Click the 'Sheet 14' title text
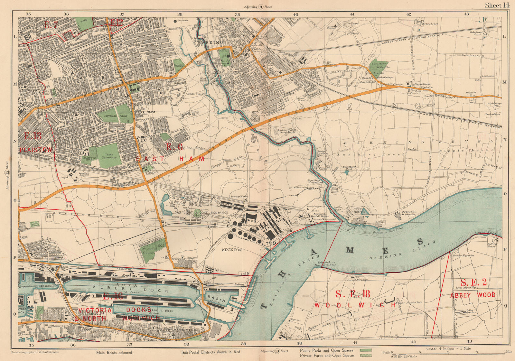(x=497, y=5)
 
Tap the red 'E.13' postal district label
(x=33, y=136)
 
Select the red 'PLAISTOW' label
(x=36, y=150)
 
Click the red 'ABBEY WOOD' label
(x=473, y=295)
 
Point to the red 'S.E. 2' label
(x=473, y=283)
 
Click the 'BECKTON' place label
(x=231, y=249)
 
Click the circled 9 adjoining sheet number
(x=261, y=6)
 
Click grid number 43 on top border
(x=466, y=14)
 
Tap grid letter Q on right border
(x=504, y=306)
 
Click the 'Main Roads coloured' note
(x=114, y=352)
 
